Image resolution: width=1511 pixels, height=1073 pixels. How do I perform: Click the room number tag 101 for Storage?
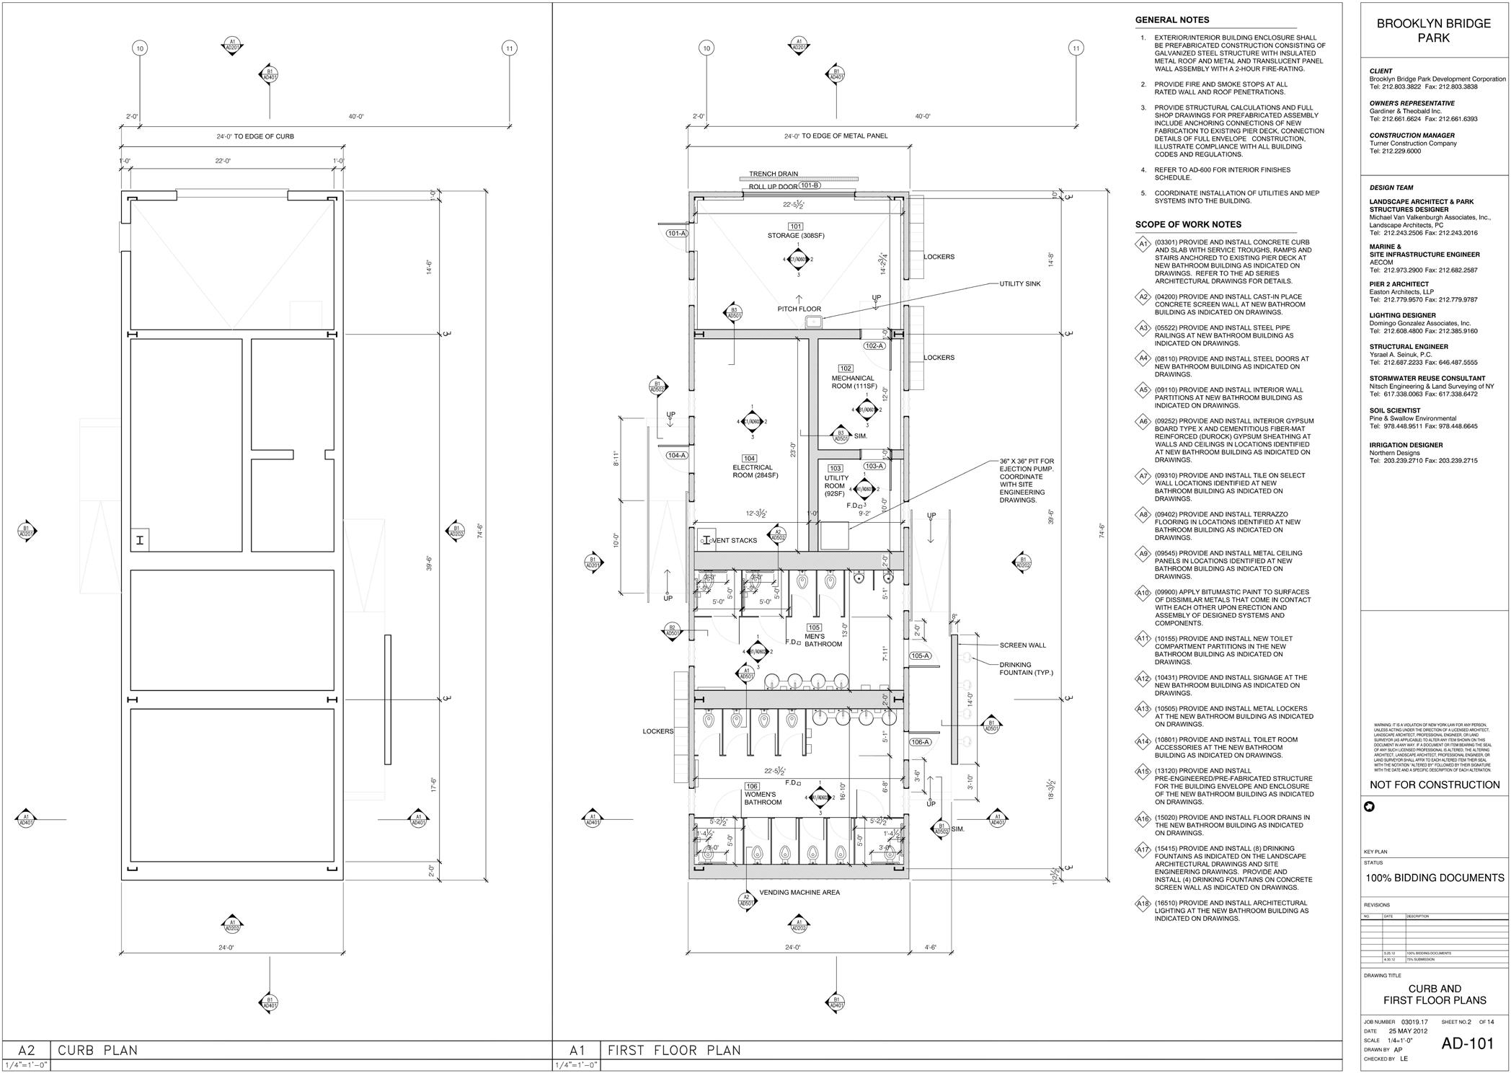click(796, 226)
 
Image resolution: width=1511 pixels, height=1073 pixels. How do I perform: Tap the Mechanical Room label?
click(854, 382)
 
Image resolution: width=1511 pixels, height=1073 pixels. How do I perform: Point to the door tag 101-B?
click(810, 185)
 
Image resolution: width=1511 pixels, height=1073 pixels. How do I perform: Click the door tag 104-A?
click(676, 455)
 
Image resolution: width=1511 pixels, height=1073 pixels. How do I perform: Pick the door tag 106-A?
click(920, 742)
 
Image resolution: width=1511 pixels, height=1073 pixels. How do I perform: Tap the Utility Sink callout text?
click(1019, 284)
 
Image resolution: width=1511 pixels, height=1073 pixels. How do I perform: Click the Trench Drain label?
click(773, 174)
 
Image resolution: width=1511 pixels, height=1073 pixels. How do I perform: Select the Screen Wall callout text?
click(1022, 645)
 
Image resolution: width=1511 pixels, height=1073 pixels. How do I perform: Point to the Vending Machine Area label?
click(799, 893)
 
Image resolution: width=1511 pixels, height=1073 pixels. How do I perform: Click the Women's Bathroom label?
click(763, 798)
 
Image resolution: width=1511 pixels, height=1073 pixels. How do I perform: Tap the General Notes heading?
click(1172, 20)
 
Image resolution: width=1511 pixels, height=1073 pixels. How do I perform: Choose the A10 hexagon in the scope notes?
click(1143, 593)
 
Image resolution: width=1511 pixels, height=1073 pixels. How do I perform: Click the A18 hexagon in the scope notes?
click(1143, 904)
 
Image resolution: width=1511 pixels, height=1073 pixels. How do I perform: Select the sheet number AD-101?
click(1467, 1043)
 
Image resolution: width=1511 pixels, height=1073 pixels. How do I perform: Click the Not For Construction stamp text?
click(1435, 785)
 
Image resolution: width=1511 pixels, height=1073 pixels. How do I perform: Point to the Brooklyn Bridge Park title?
click(1433, 30)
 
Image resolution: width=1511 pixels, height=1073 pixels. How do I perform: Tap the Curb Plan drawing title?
click(97, 1050)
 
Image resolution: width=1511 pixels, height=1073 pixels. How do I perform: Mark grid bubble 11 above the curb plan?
click(510, 48)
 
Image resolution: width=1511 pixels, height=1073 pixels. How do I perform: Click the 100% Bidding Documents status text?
click(1435, 878)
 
